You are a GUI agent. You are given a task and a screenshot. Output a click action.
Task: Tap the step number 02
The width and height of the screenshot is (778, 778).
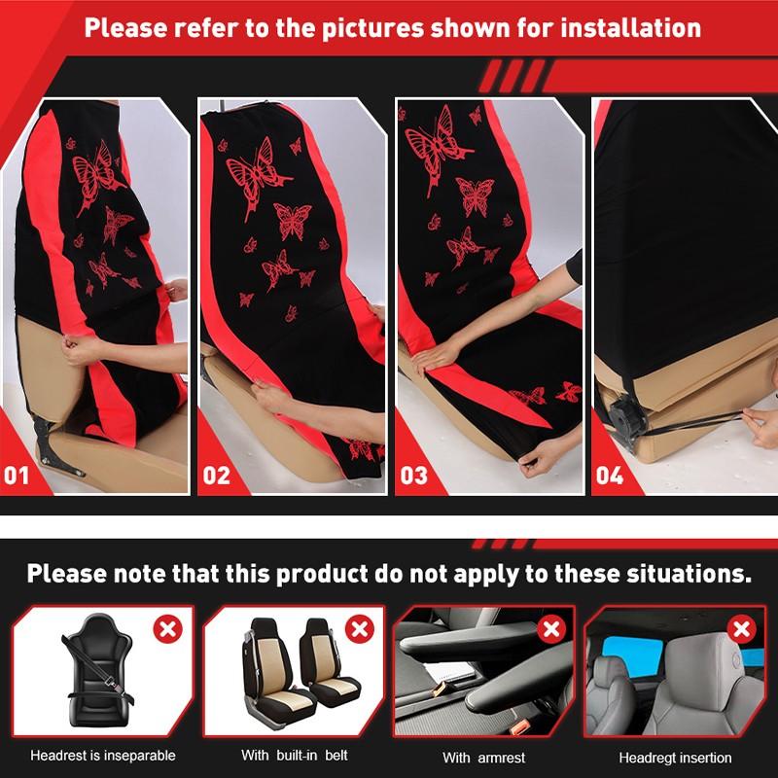(x=216, y=476)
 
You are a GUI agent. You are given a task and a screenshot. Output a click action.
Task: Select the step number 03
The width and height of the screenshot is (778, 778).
(x=413, y=476)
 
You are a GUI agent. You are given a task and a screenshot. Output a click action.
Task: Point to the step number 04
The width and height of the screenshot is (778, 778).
(x=610, y=476)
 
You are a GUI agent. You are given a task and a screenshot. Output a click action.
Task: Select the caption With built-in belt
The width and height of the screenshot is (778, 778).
(x=294, y=755)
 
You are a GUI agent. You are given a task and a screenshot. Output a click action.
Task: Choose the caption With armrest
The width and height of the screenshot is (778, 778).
(x=483, y=757)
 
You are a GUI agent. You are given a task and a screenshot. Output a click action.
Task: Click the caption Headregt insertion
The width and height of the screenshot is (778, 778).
(x=676, y=757)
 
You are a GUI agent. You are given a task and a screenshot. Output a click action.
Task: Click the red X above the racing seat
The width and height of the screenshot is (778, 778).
(x=167, y=628)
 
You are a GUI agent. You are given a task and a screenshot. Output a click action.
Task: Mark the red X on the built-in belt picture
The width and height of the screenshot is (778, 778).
(x=360, y=628)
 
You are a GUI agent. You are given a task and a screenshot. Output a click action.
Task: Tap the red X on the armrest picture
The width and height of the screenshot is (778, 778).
(x=551, y=628)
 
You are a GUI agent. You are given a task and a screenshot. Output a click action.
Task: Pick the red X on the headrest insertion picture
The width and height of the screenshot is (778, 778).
(x=744, y=628)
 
